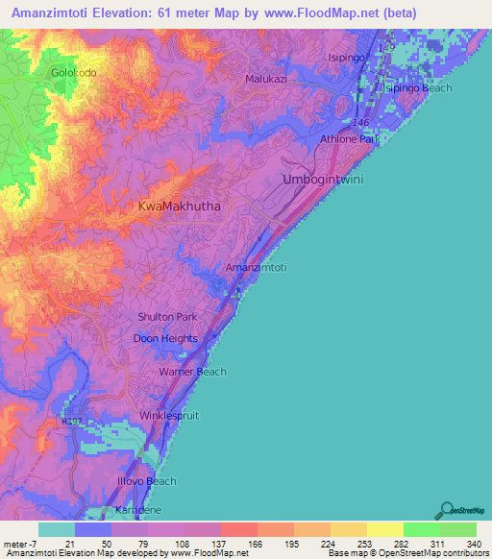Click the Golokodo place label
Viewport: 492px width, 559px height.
pyautogui.click(x=73, y=72)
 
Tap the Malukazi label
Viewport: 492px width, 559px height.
pyautogui.click(x=265, y=79)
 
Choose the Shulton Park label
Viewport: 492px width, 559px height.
pyautogui.click(x=165, y=317)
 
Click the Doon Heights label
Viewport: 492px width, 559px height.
pyautogui.click(x=165, y=338)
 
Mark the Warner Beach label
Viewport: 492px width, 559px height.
pyautogui.click(x=192, y=372)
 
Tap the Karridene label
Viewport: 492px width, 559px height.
pyautogui.click(x=135, y=509)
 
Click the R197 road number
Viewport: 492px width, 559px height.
pyautogui.click(x=71, y=420)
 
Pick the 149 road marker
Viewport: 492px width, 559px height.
pyautogui.click(x=386, y=47)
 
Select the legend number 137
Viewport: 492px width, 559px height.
pyautogui.click(x=220, y=544)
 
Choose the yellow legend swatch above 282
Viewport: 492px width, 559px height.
pyautogui.click(x=384, y=529)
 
